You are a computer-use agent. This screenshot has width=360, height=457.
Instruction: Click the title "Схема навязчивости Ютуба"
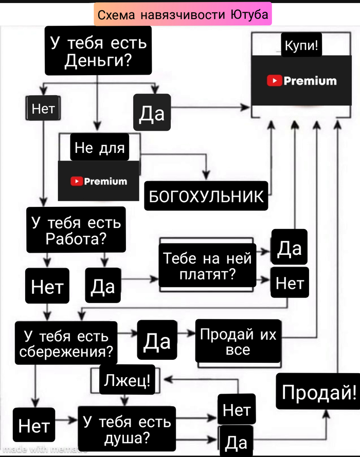point(183,15)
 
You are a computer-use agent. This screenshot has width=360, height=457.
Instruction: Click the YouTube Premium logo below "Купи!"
point(302,81)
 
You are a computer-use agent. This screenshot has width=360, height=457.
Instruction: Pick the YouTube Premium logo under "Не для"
point(98,181)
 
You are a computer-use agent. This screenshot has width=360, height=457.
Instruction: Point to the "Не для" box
point(100,148)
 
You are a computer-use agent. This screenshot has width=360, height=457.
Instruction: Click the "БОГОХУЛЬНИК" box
point(206,196)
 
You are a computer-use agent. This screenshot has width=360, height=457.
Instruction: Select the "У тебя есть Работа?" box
point(76,230)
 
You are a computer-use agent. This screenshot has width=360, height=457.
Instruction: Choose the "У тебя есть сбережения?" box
point(66,344)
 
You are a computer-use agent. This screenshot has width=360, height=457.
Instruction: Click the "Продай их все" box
point(238,342)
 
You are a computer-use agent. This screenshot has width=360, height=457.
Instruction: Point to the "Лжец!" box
point(127,381)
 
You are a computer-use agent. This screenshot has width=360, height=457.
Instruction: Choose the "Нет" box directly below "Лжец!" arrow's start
point(237,410)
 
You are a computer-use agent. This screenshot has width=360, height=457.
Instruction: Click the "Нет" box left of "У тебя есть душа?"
point(33,426)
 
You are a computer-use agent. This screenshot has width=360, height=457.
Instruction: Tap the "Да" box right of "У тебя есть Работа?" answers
point(103,286)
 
